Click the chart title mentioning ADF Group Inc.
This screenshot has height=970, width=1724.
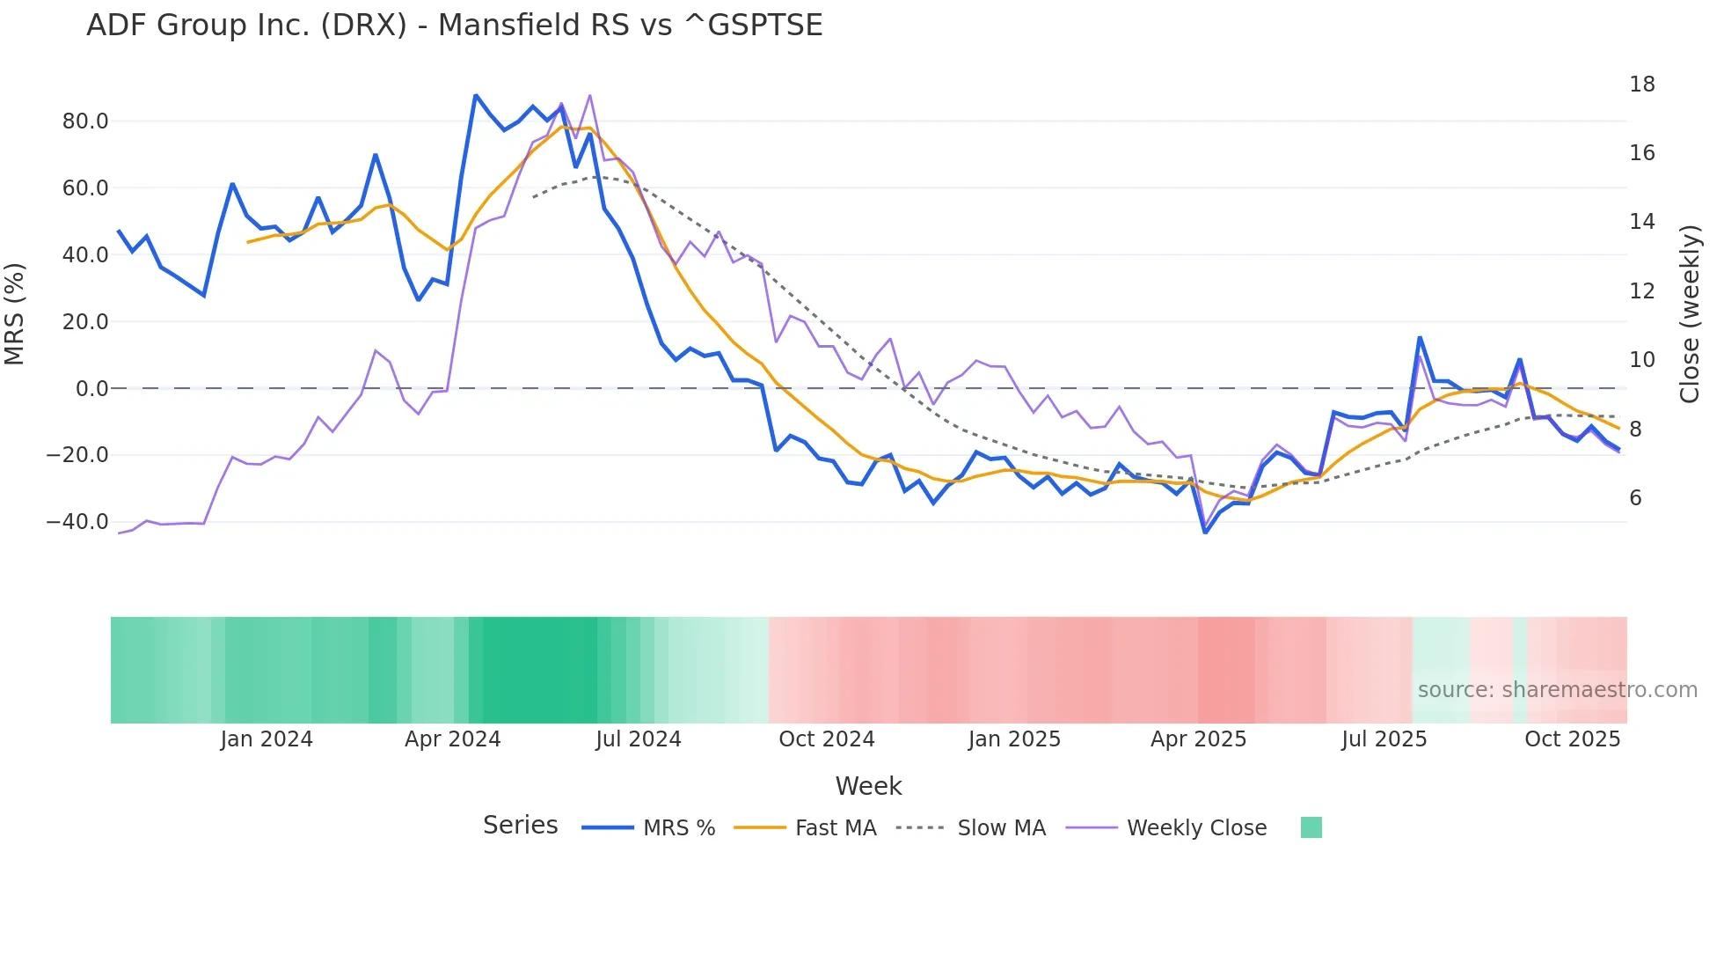coord(454,26)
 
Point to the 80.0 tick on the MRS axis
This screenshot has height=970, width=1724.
coord(85,121)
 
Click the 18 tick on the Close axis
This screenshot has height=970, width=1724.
coord(1641,85)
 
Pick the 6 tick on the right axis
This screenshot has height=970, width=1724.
coord(1635,498)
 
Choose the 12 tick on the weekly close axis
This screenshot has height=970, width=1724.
coord(1641,291)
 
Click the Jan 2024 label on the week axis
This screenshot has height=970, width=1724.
coord(267,739)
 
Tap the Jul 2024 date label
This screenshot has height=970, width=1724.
coord(639,739)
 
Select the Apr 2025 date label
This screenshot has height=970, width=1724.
coord(1198,739)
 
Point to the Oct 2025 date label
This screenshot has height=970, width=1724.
coord(1572,739)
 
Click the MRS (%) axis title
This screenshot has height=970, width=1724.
coord(15,313)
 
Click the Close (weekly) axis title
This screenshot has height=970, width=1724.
coord(1689,313)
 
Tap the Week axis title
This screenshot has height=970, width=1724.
coord(868,786)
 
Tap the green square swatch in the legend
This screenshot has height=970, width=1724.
coord(1311,827)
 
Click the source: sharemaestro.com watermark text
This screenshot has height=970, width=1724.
coord(1557,690)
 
